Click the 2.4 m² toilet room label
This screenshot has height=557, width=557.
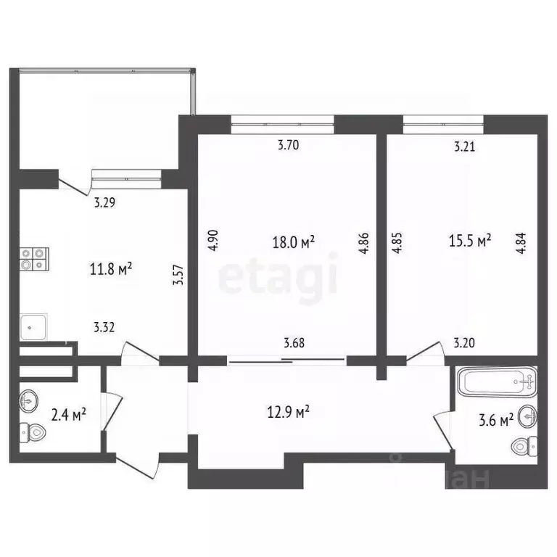coord(68,415)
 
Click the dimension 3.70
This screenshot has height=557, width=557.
coord(288,145)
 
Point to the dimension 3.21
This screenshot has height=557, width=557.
coord(464,147)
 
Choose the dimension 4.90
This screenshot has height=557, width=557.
coord(213,240)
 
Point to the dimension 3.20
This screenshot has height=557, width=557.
coord(463,344)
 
